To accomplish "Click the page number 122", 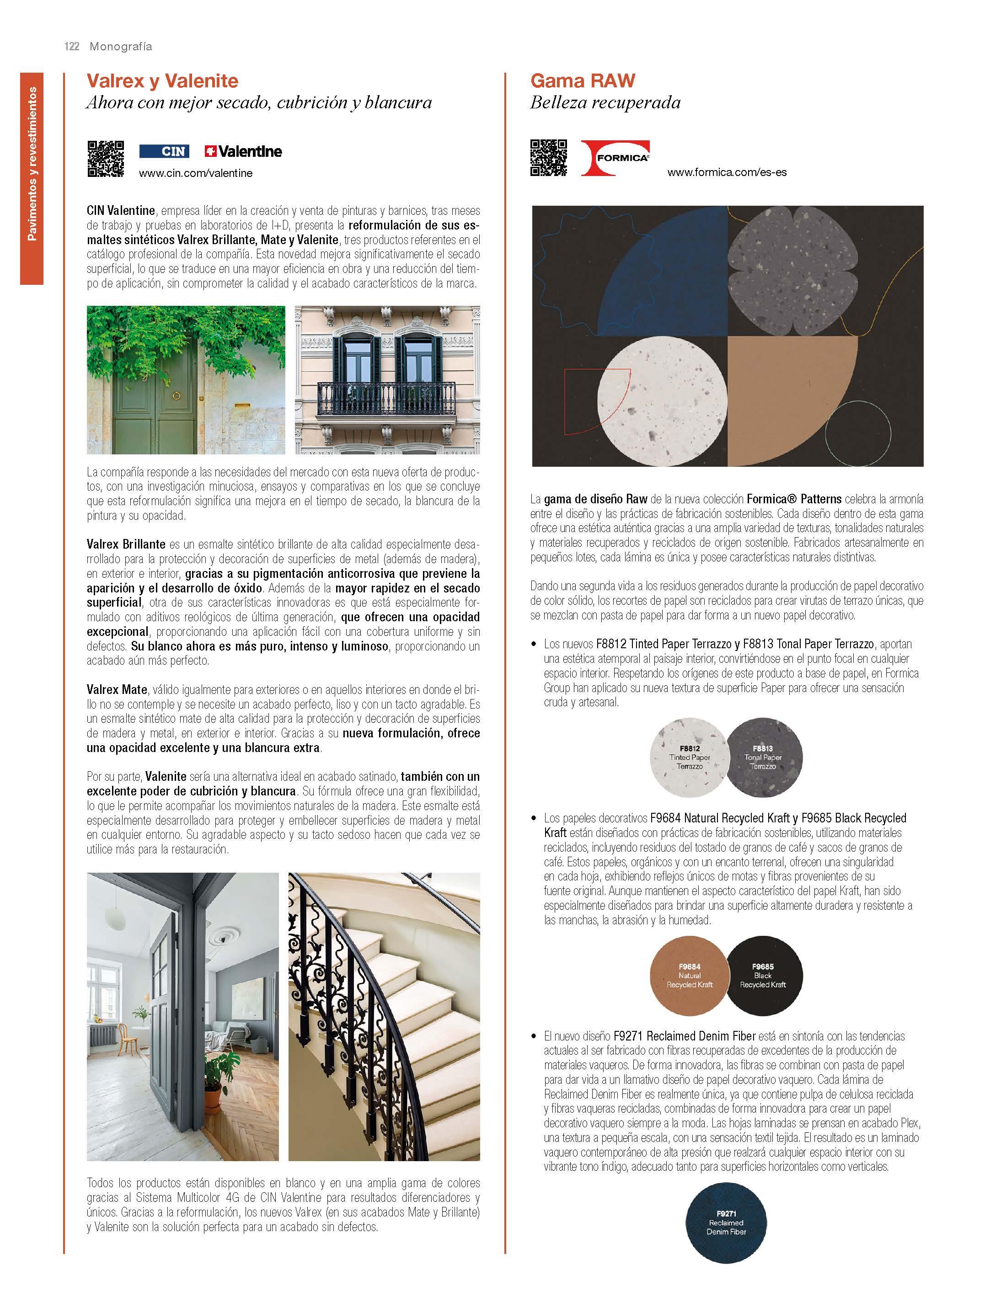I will (72, 47).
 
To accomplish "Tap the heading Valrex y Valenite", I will (162, 81).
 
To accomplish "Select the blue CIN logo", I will (164, 151).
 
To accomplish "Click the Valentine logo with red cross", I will (243, 151).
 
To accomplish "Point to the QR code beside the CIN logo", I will (106, 159).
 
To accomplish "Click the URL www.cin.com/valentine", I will (196, 174).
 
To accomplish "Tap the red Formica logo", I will (615, 158).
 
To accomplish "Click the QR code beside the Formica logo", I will (549, 158).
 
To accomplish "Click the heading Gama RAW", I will (583, 81).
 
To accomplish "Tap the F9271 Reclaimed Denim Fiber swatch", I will (726, 1223).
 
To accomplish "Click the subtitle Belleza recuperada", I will (605, 103).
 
